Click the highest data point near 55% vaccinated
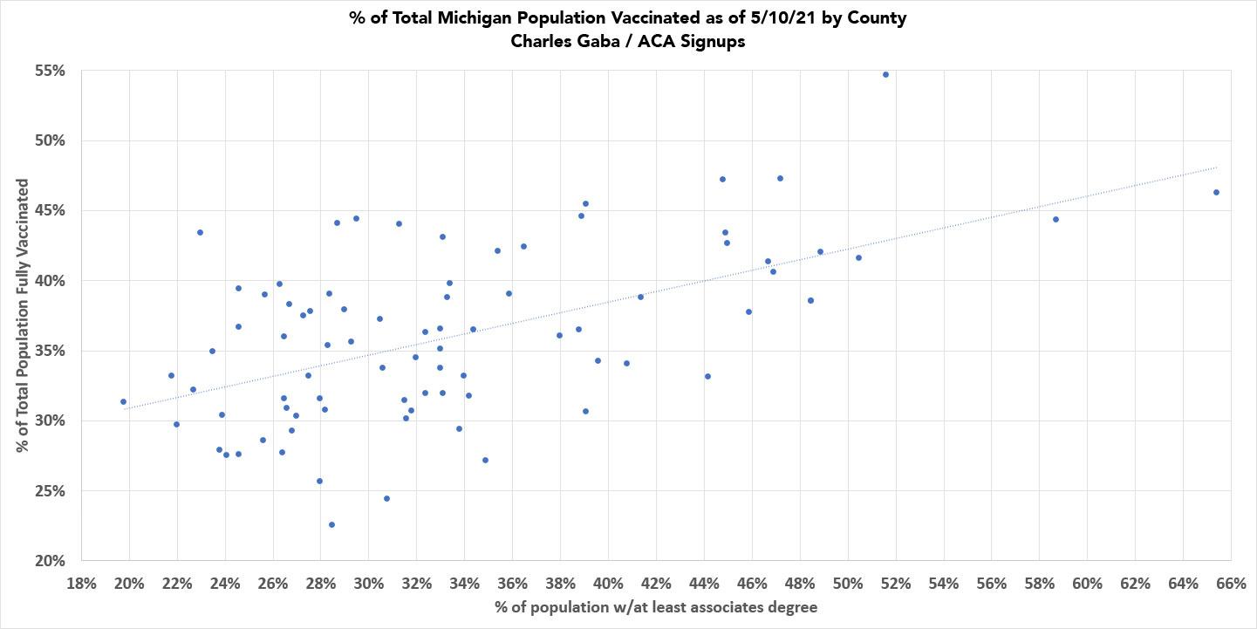point(885,74)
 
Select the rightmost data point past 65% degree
point(1216,192)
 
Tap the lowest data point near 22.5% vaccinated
point(331,524)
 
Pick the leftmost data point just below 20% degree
point(123,401)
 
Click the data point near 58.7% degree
point(1055,219)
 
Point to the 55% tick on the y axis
point(50,71)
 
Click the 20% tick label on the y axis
point(50,561)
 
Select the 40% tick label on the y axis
point(50,281)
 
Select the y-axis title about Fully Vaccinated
point(23,316)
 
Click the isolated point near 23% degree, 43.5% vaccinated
point(200,232)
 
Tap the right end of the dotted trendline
point(1216,167)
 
